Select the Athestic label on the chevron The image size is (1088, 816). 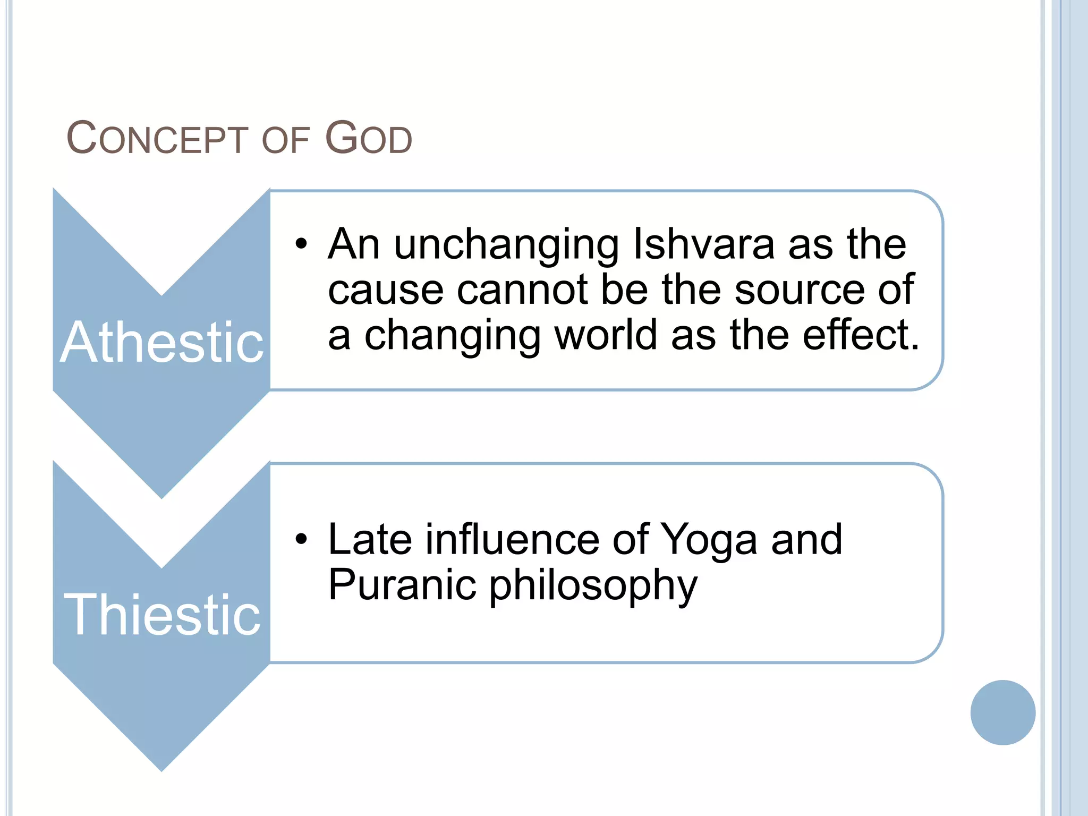tap(161, 343)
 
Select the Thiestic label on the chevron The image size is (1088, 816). tap(161, 615)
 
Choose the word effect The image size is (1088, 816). tap(860, 335)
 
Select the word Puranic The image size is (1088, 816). tap(402, 585)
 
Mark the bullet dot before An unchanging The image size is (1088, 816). tap(302, 244)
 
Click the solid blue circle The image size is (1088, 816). tap(1002, 712)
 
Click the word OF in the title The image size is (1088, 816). tap(285, 141)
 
